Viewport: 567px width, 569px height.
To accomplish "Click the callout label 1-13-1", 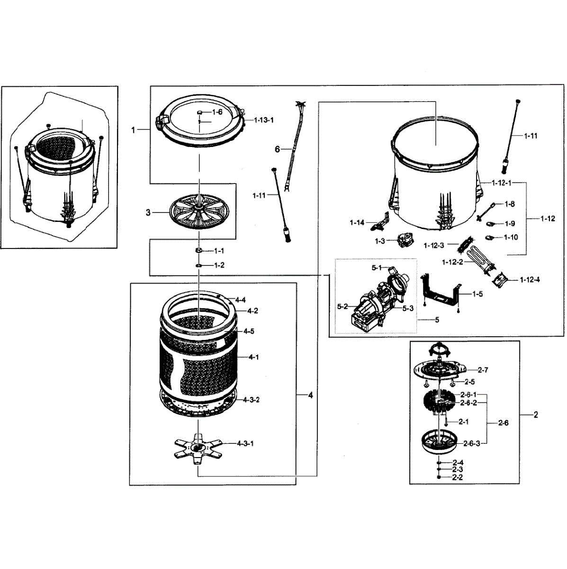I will pyautogui.click(x=264, y=120).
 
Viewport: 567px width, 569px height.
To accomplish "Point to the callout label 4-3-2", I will pyautogui.click(x=251, y=400).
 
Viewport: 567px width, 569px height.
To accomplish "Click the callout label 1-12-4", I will pyautogui.click(x=530, y=280).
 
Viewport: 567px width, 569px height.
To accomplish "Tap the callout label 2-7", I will pyautogui.click(x=483, y=369).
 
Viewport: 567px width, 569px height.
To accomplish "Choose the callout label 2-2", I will pyautogui.click(x=458, y=477).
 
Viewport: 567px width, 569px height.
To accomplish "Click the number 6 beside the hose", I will pyautogui.click(x=278, y=149).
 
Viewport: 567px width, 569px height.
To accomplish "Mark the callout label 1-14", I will pyautogui.click(x=357, y=222).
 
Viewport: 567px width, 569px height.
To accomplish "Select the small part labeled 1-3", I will pyautogui.click(x=404, y=241).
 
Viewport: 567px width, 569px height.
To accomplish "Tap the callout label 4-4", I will pyautogui.click(x=240, y=300).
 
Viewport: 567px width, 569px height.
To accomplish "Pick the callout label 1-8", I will pyautogui.click(x=510, y=204).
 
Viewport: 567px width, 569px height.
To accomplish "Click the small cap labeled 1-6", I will pyautogui.click(x=200, y=112).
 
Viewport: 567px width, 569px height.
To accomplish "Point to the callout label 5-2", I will pyautogui.click(x=343, y=307).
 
